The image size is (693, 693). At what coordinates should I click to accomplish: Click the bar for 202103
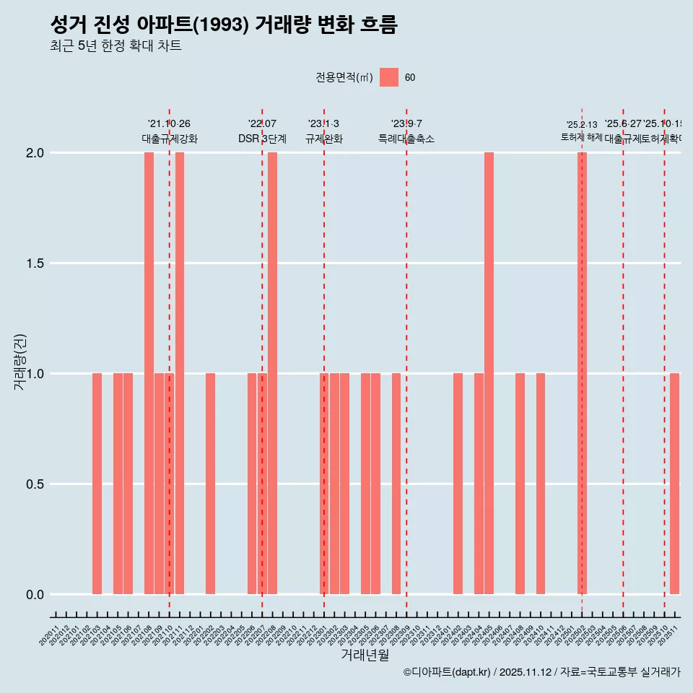97,484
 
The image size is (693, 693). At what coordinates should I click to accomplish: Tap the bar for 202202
210,484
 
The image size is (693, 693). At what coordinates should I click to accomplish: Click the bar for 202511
674,484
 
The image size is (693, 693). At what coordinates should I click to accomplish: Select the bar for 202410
540,484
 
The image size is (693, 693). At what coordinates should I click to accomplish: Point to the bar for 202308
396,484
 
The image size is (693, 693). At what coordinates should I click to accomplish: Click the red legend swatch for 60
389,77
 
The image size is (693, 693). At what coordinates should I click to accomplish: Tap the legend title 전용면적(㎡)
344,78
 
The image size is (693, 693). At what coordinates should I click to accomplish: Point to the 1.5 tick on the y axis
35,263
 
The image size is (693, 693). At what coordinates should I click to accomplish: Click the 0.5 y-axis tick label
35,484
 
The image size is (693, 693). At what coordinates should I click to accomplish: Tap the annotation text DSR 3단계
262,139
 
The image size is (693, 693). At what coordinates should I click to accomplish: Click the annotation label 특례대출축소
406,139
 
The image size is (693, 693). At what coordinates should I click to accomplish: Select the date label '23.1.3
323,124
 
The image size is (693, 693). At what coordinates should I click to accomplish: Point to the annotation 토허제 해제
581,137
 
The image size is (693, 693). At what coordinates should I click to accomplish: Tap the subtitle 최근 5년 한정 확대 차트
115,46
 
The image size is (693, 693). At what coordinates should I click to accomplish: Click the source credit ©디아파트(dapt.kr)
447,672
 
